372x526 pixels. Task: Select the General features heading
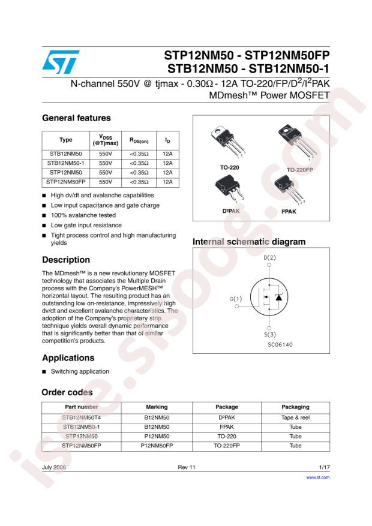[x=76, y=118]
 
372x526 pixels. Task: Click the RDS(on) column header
[x=139, y=140]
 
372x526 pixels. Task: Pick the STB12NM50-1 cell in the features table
[x=66, y=163]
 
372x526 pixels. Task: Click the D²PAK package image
[x=226, y=193]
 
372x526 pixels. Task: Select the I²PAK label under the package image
[x=289, y=212]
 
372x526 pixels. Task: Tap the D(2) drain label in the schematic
[x=270, y=258]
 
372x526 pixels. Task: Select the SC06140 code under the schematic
[x=280, y=345]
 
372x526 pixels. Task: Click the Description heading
[x=66, y=260]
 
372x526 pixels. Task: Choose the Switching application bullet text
[x=80, y=371]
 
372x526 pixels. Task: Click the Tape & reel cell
[x=295, y=417]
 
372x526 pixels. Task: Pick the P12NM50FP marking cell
[x=157, y=446]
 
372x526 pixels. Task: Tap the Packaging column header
[x=295, y=407]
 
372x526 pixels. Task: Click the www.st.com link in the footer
[x=318, y=478]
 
